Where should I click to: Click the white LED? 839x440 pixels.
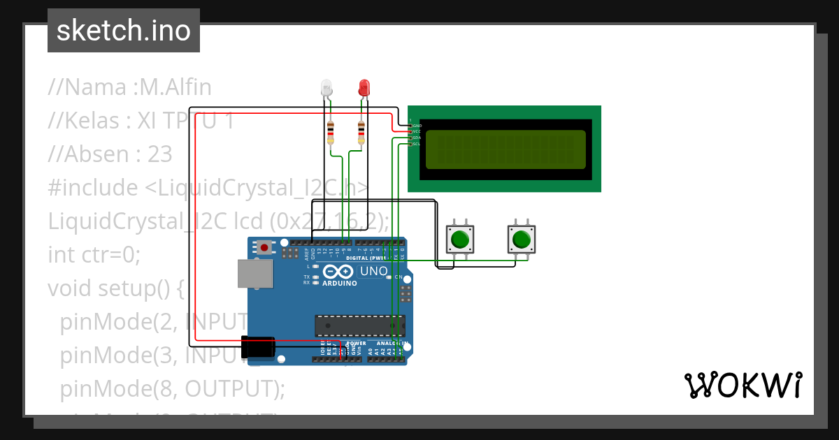point(327,88)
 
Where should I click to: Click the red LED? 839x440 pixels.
point(364,88)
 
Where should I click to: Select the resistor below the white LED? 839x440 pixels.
point(331,133)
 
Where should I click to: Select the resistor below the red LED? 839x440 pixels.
point(361,133)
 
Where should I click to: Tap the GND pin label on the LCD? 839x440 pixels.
point(417,126)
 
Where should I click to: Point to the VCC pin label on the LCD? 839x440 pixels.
point(417,131)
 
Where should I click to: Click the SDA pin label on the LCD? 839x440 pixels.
point(417,138)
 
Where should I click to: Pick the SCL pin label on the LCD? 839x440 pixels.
point(417,144)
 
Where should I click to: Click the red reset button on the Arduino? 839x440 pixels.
point(264,247)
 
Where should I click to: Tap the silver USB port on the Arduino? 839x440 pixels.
point(254,274)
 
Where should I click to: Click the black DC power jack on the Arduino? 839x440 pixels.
point(258,347)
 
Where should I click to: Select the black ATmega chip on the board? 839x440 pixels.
point(359,325)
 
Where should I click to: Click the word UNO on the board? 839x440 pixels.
point(373,271)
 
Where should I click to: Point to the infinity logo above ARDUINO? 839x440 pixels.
point(340,272)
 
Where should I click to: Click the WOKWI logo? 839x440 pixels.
point(743,385)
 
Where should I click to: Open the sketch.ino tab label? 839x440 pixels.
point(124,31)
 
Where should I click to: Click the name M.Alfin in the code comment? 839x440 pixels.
point(175,87)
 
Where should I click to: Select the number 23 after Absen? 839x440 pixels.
point(159,154)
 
